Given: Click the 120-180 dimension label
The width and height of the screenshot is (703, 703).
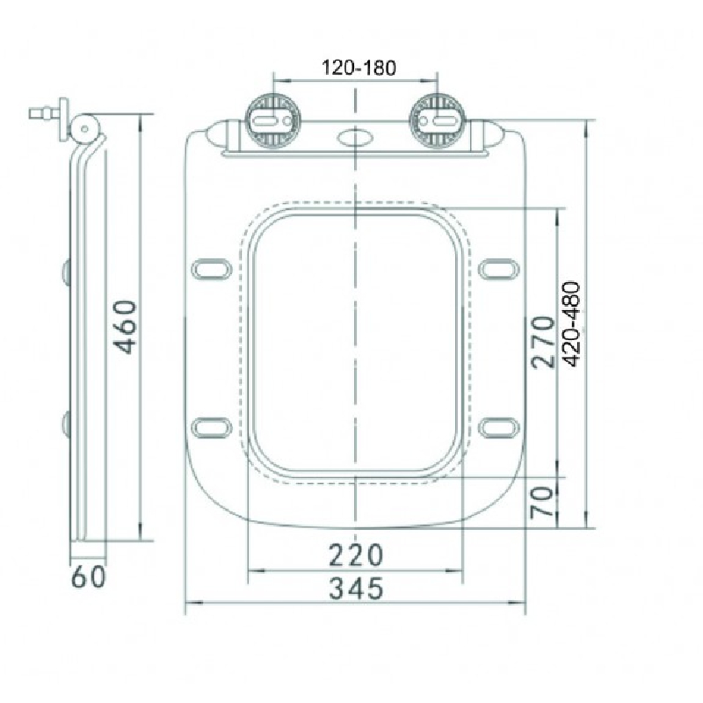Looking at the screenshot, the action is [359, 68].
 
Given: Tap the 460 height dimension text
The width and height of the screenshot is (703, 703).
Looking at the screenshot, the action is [124, 327].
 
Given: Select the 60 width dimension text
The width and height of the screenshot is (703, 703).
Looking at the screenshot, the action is [89, 576].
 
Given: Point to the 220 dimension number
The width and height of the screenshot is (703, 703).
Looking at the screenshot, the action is [357, 555].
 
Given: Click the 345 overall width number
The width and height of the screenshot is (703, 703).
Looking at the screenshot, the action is [357, 588].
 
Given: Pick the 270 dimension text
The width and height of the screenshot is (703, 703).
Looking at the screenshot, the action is [542, 342].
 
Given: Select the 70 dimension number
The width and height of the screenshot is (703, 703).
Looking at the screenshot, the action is [541, 503].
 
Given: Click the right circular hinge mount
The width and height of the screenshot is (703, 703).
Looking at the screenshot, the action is [438, 120].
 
